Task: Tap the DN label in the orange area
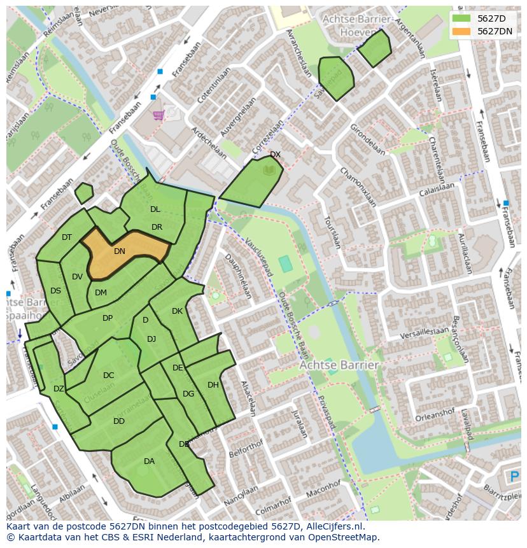tap(120, 251)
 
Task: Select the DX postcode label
tap(275, 155)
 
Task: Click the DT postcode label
tap(67, 237)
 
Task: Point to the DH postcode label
tap(213, 385)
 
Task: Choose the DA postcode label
tap(149, 461)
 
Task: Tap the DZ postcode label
tap(59, 389)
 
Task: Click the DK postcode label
tap(177, 311)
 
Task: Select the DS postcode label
tap(55, 291)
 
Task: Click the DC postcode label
tap(108, 376)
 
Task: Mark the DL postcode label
tap(155, 209)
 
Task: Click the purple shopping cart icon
tap(158, 115)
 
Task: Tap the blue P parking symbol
tap(514, 477)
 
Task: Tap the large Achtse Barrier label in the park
tap(339, 365)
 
